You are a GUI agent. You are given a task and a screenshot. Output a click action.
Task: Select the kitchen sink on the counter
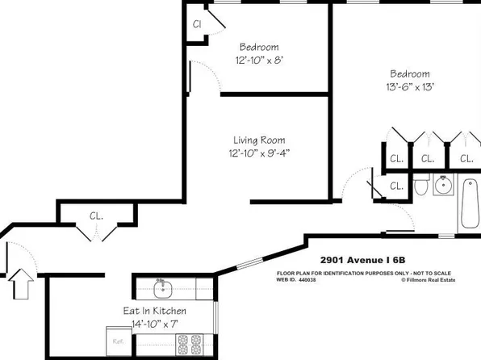(x=161, y=287)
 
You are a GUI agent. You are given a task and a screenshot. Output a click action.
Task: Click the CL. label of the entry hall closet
(x=96, y=216)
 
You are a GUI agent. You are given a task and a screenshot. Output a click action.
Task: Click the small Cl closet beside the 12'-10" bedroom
(x=196, y=23)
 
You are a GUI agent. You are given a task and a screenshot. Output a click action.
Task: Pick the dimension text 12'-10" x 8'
(x=258, y=61)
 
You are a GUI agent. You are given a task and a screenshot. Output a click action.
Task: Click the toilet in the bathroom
(x=420, y=188)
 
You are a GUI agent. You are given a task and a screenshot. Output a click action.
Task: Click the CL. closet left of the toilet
(x=395, y=186)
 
